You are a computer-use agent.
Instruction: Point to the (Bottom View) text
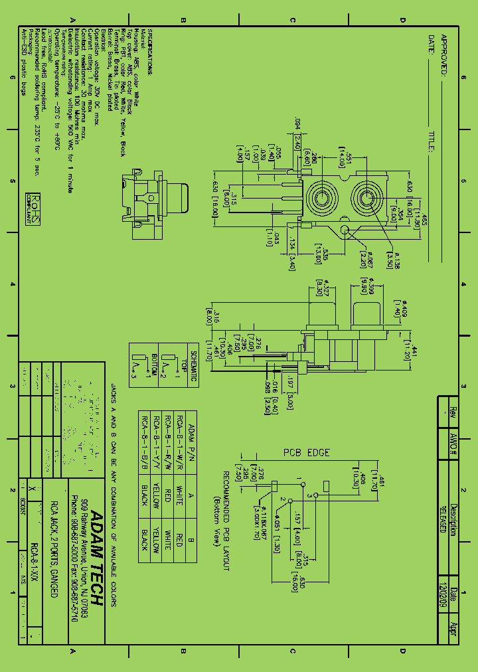pos(215,521)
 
